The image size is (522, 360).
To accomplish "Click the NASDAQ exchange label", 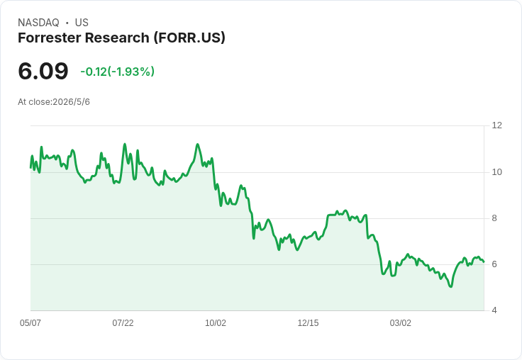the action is tap(38, 23).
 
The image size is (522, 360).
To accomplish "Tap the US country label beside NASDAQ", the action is tap(82, 23).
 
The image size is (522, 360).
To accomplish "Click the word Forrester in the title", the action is tap(49, 38).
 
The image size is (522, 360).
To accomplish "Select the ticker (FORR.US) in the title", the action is tap(189, 38).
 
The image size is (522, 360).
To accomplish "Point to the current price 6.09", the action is tap(43, 71).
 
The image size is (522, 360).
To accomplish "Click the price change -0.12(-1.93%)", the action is tap(118, 72).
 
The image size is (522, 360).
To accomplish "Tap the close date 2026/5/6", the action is tap(71, 102).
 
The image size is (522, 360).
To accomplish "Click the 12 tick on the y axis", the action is tap(496, 125).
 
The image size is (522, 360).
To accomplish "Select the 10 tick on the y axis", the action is tap(496, 172).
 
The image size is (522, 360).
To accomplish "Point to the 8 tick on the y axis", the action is tap(494, 218).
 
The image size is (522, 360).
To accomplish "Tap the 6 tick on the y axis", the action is tap(494, 264).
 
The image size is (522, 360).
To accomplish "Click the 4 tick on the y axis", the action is tap(494, 310).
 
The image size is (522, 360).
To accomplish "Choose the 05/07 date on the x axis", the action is tap(30, 323).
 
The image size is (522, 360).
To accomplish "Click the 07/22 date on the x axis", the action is tap(123, 323).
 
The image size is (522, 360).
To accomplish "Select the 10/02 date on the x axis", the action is tap(216, 323).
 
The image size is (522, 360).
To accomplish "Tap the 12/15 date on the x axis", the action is tap(308, 323).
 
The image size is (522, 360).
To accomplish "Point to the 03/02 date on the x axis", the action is tap(401, 323).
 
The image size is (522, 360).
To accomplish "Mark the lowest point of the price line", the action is tap(451, 286).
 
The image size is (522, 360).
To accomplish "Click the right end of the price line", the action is tap(484, 261).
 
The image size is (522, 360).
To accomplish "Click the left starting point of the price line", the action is tap(30, 167).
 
